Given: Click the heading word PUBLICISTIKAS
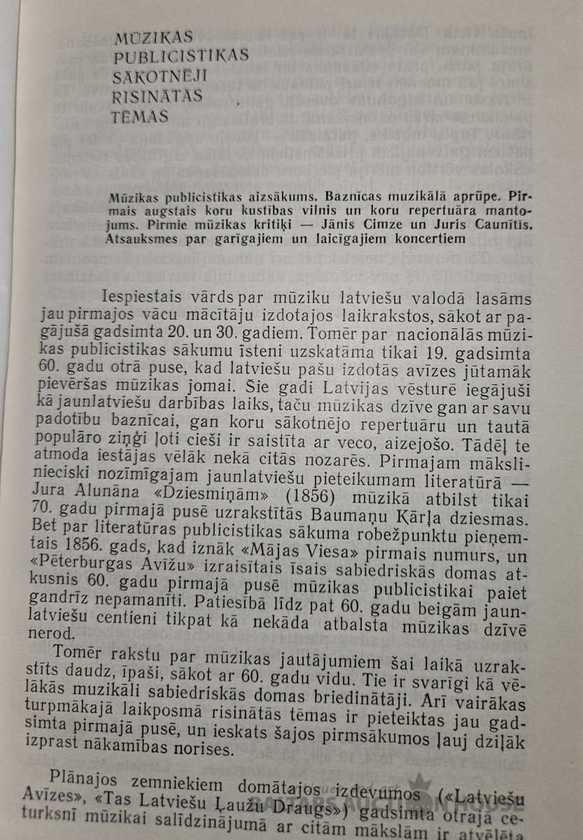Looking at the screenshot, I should click(181, 56).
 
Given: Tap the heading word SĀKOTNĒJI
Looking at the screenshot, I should click(165, 76).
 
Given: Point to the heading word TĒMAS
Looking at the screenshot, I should click(140, 116).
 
